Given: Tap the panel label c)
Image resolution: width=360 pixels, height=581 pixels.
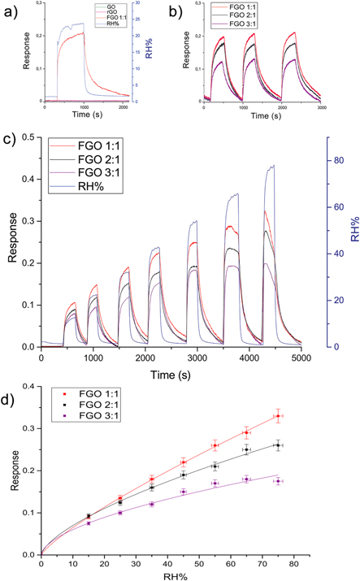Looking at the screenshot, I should [x=9, y=138].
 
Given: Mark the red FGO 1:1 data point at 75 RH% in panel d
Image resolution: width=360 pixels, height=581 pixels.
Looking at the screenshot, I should [x=277, y=416].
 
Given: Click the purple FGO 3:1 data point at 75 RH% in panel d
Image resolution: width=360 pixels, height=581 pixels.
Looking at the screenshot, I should [x=277, y=481].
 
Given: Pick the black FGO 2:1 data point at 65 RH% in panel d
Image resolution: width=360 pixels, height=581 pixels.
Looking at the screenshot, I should [x=246, y=449].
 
